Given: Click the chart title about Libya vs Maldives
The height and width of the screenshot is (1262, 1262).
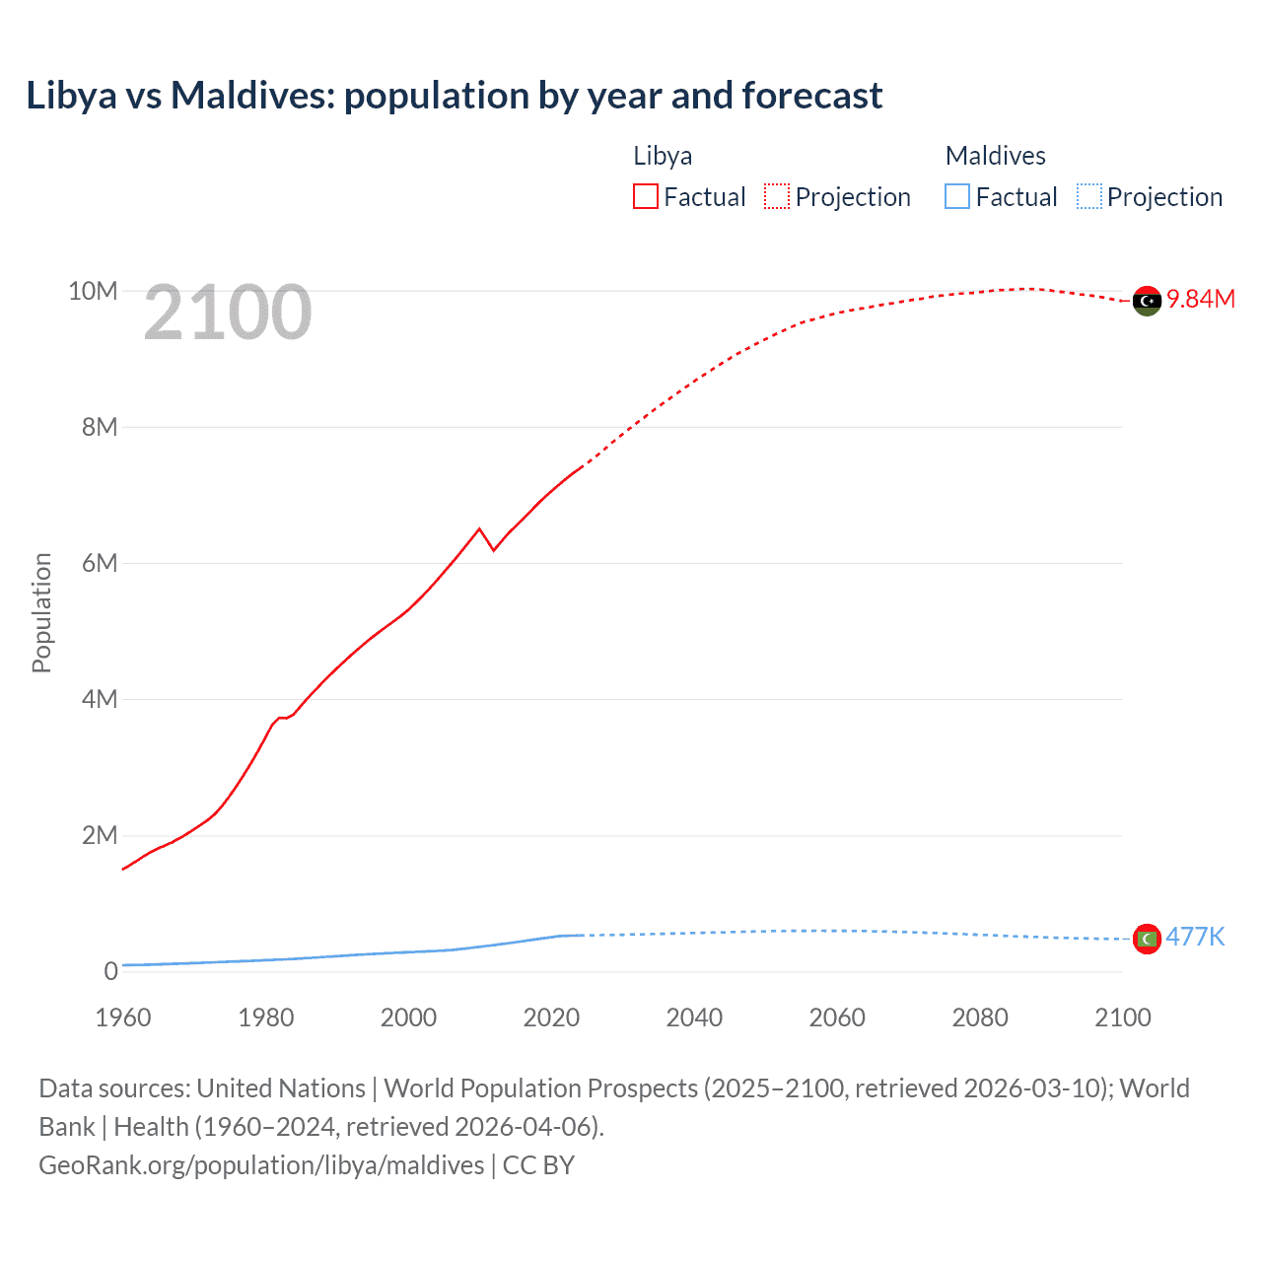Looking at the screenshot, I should click(x=454, y=96).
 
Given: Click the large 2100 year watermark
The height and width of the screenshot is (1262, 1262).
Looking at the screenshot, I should click(x=228, y=313).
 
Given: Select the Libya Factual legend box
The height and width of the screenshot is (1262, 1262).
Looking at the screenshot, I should click(x=645, y=196).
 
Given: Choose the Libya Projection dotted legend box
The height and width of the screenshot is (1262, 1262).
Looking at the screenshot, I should click(x=777, y=196).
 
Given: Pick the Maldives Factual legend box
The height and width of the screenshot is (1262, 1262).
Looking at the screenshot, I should click(x=956, y=196).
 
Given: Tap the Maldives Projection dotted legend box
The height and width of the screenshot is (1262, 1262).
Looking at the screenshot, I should click(x=1088, y=196).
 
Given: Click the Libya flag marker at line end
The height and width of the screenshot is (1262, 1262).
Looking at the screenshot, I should click(x=1147, y=301).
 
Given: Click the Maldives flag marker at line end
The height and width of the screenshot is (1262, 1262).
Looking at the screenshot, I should click(x=1147, y=939).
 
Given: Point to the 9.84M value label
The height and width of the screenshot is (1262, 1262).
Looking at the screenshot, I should click(x=1201, y=299).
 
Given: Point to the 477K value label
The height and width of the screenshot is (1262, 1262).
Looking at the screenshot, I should click(x=1195, y=937).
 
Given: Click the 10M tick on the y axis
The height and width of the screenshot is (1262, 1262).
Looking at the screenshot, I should click(x=93, y=291).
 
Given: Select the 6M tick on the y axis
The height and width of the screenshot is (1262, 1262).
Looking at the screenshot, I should click(x=100, y=563).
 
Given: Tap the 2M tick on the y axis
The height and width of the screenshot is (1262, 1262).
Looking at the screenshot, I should click(x=100, y=835).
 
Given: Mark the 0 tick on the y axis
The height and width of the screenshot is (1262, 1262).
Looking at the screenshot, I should click(x=110, y=971).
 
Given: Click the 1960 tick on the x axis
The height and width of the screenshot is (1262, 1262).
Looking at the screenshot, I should click(x=123, y=1017).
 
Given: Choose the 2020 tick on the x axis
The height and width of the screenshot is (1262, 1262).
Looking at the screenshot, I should click(x=551, y=1017).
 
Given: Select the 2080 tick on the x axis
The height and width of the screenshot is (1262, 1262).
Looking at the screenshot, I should click(x=979, y=1017).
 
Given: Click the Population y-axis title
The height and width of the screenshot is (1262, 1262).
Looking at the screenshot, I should click(x=41, y=612).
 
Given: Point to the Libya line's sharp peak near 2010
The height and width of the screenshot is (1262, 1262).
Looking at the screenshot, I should click(x=480, y=528).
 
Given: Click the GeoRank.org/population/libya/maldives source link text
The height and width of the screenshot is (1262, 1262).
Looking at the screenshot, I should click(x=261, y=1165).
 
